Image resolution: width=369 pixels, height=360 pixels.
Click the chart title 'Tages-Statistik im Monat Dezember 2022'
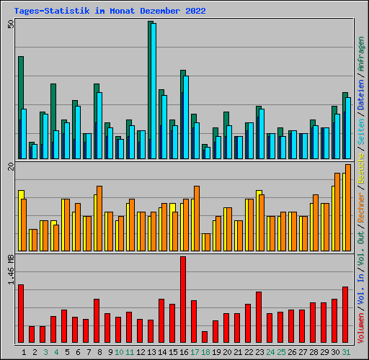pyautogui.click(x=110, y=11)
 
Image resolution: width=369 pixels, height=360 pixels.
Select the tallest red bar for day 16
pyautogui.click(x=183, y=300)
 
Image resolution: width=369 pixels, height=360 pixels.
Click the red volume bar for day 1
pyautogui.click(x=21, y=313)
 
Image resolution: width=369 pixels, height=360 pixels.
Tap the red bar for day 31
pyautogui.click(x=345, y=315)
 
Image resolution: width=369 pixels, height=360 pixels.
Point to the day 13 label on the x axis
pyautogui.click(x=151, y=351)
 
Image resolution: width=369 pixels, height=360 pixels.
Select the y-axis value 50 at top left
pyautogui.click(x=10, y=24)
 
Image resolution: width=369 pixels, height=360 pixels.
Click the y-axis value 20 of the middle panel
pyautogui.click(x=10, y=167)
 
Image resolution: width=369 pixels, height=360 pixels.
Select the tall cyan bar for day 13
pyautogui.click(x=154, y=91)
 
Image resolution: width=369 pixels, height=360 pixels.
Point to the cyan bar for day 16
pyautogui.click(x=186, y=117)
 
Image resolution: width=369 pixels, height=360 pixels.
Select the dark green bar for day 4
pyautogui.click(x=53, y=121)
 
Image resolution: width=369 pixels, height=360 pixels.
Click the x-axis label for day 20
pyautogui.click(x=226, y=351)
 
